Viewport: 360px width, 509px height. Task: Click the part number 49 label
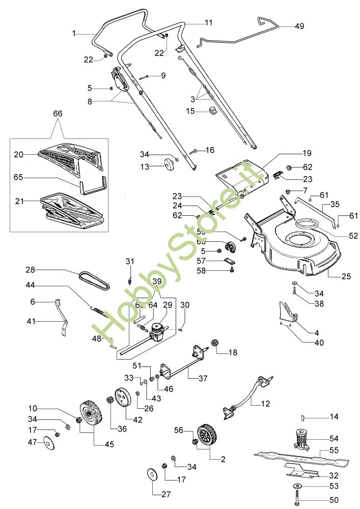(x=299, y=26)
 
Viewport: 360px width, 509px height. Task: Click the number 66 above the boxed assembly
(x=58, y=114)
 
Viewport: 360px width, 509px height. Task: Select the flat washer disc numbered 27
(x=152, y=474)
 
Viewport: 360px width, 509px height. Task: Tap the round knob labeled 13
(x=165, y=165)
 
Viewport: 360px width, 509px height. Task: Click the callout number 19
(x=307, y=153)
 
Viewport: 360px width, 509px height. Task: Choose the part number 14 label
(x=334, y=417)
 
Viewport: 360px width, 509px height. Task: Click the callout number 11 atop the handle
(x=209, y=22)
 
